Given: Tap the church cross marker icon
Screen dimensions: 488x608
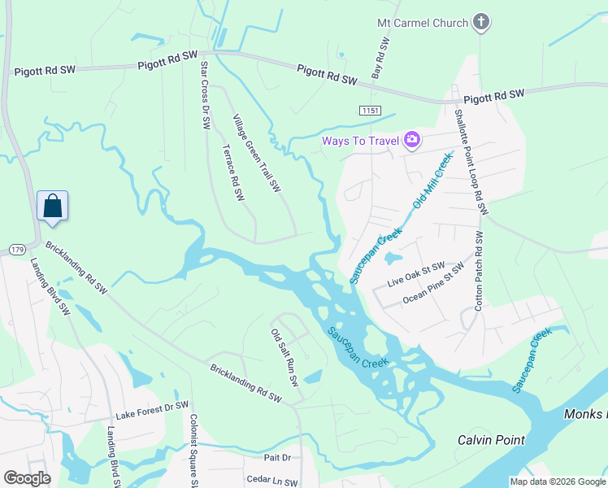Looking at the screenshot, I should [x=481, y=22].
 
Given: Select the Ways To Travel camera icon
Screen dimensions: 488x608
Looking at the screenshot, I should [x=412, y=141].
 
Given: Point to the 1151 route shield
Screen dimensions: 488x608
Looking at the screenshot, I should [x=371, y=109].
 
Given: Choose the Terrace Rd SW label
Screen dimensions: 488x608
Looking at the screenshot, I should [x=233, y=173].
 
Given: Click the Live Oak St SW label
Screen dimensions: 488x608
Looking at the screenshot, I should [x=416, y=273].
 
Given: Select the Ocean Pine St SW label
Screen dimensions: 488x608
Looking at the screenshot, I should [x=433, y=285].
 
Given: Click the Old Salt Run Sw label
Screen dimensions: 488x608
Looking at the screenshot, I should [x=285, y=357].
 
